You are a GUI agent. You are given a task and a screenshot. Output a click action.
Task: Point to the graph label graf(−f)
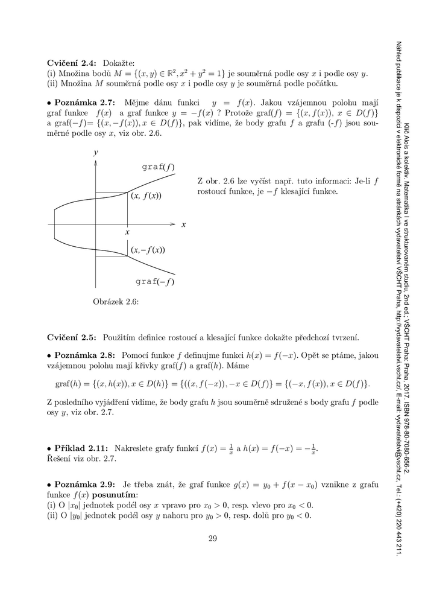coord(155,281)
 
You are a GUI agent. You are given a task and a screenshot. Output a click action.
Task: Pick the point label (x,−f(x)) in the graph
coord(148,250)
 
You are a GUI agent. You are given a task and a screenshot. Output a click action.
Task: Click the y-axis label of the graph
coord(95,154)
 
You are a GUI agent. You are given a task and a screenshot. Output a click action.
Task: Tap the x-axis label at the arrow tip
coord(183,224)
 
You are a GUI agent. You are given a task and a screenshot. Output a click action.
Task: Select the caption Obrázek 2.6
coord(116,302)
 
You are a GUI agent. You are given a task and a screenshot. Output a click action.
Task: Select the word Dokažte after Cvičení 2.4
coord(119,62)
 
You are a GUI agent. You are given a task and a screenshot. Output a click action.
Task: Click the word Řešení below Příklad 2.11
coord(60,459)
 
